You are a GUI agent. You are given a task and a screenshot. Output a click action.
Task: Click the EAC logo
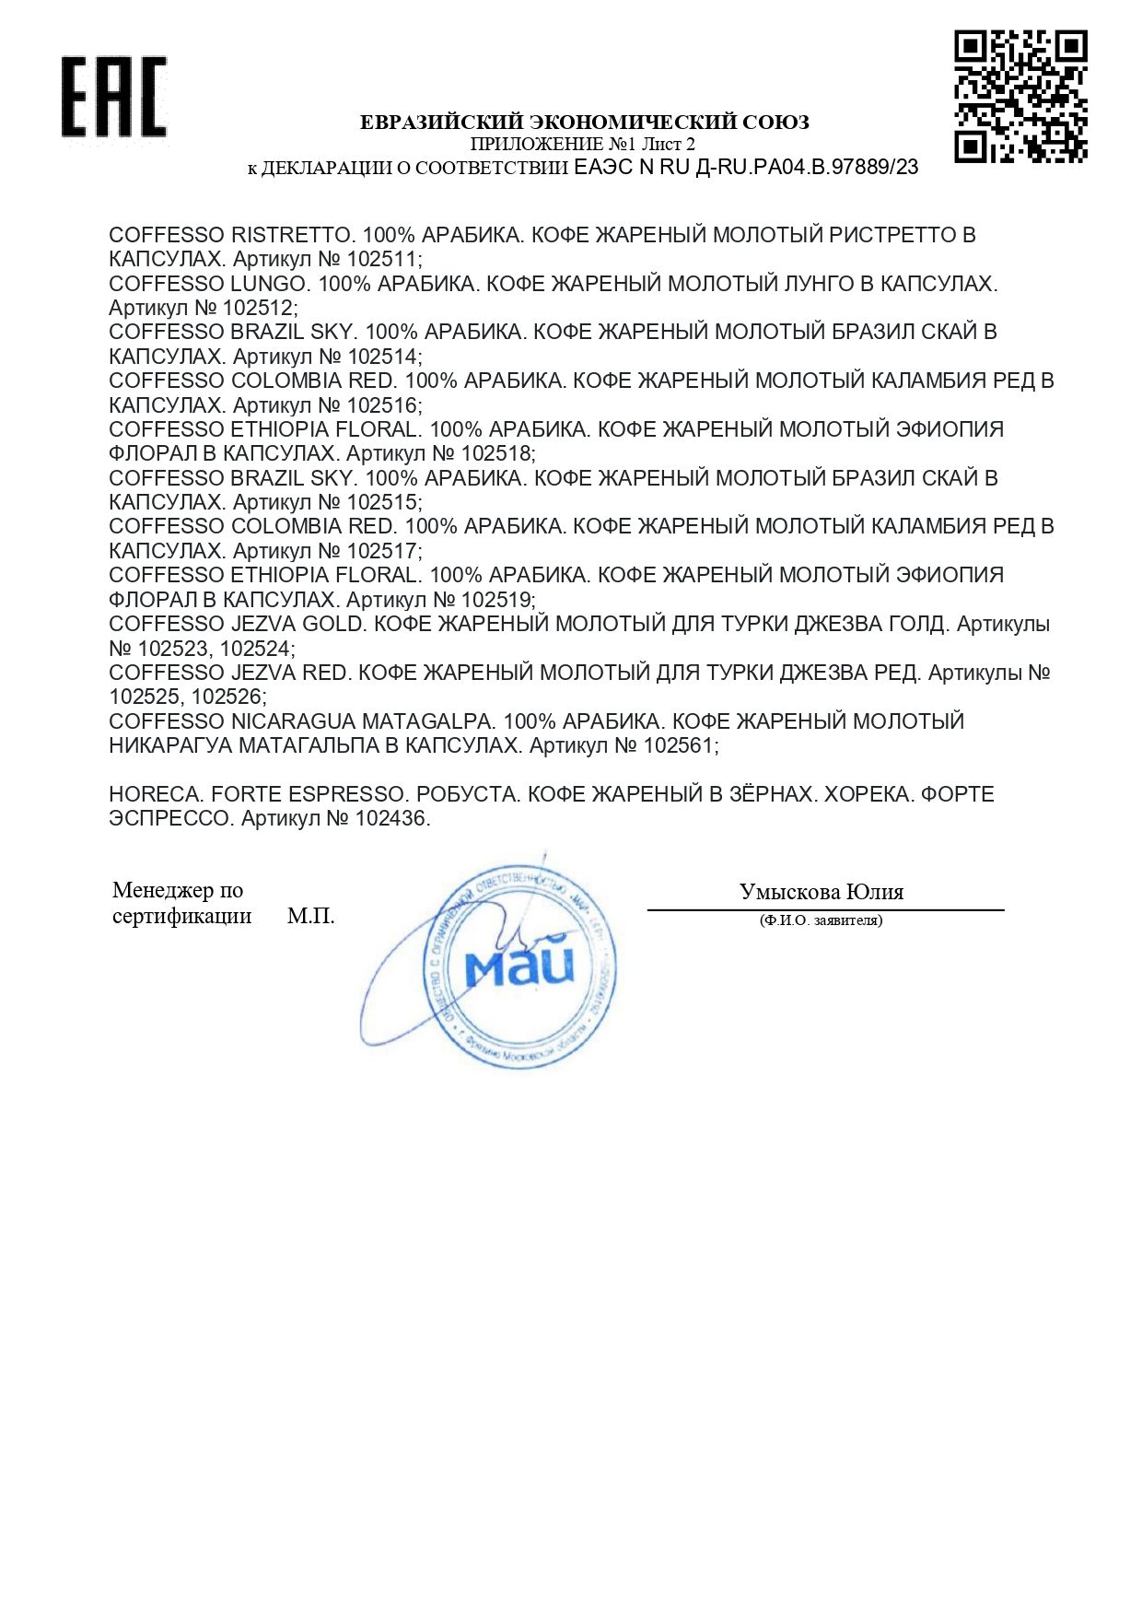click(x=114, y=97)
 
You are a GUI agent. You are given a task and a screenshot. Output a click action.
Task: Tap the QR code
click(x=1020, y=96)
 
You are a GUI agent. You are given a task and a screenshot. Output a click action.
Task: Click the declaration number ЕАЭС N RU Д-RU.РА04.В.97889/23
click(x=746, y=167)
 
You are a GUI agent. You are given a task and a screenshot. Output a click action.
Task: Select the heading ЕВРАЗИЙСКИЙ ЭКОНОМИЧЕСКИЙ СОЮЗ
click(x=584, y=122)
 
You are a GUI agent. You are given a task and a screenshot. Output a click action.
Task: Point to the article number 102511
click(x=381, y=260)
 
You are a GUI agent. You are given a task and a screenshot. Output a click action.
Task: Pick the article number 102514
click(x=382, y=357)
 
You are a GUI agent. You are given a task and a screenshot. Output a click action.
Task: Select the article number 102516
click(x=382, y=405)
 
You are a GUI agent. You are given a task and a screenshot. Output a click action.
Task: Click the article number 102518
click(x=495, y=453)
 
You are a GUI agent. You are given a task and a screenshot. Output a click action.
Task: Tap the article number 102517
click(x=382, y=551)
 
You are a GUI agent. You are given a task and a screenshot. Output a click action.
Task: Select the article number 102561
click(x=679, y=745)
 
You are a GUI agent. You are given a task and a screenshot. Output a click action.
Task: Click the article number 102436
click(x=390, y=818)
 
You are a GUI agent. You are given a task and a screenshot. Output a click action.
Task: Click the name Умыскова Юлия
click(x=822, y=891)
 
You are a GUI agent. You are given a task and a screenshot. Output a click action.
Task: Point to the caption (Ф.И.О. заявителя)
click(x=821, y=920)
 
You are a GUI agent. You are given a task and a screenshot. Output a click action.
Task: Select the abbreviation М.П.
click(x=310, y=916)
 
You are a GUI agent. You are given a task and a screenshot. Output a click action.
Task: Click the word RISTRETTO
click(x=292, y=235)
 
